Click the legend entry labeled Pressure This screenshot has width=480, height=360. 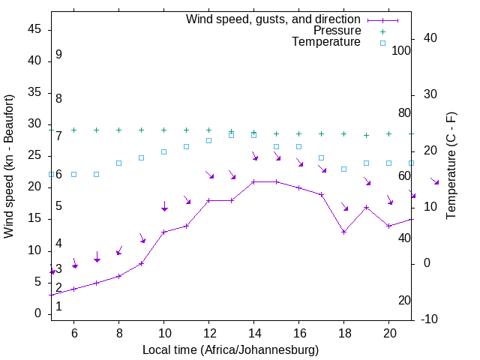(x=337, y=31)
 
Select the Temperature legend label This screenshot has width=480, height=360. (x=326, y=43)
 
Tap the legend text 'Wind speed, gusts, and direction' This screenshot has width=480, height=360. (x=274, y=19)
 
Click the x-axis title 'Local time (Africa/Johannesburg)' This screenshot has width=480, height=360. (x=231, y=350)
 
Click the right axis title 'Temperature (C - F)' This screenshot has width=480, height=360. (x=451, y=166)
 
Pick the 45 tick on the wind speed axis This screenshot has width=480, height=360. (x=34, y=29)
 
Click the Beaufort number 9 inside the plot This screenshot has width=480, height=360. (x=58, y=55)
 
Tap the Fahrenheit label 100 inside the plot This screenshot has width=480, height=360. (x=401, y=50)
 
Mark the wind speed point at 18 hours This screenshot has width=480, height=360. (x=344, y=232)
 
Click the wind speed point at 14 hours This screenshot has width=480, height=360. (x=254, y=181)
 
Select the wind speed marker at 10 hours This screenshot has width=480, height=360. (x=164, y=232)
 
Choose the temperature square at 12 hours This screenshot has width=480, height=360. (x=209, y=140)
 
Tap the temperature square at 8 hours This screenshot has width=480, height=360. (x=119, y=163)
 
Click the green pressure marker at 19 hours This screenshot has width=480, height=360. (x=367, y=135)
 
